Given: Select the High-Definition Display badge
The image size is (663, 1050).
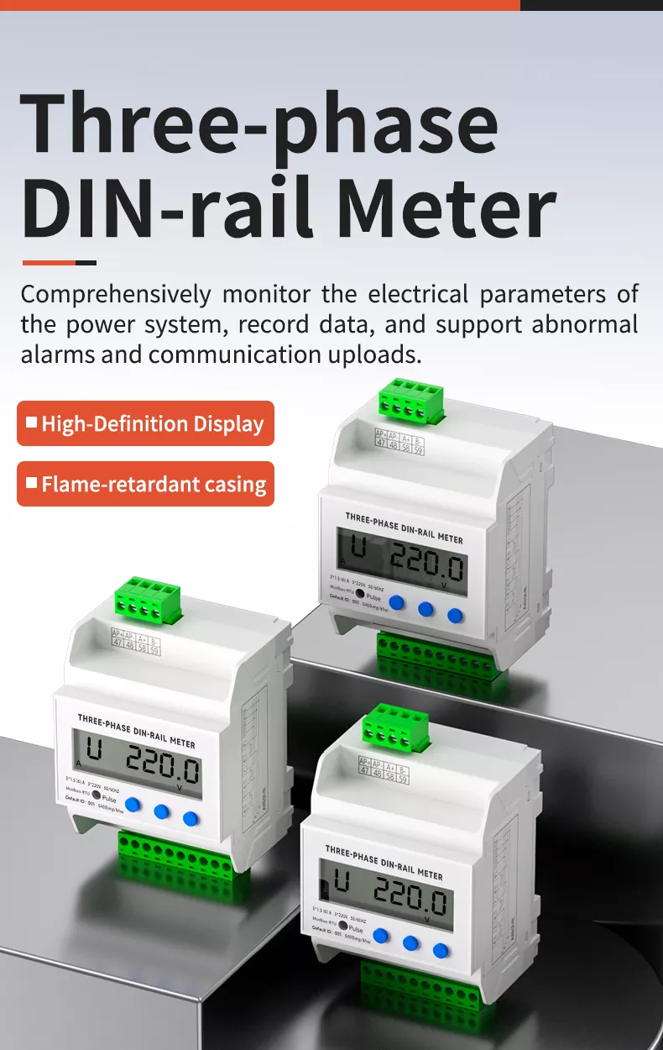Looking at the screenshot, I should (145, 423).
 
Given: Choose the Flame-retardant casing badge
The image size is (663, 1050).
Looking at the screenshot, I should (145, 484).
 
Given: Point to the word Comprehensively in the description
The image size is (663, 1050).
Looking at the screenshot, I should (116, 295).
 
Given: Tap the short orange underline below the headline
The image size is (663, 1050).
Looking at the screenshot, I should (59, 263).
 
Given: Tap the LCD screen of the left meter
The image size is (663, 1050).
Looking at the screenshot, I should (137, 763).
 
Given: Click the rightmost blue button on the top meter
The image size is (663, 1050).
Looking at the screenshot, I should (455, 616).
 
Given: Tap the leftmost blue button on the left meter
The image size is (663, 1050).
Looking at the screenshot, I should (132, 804).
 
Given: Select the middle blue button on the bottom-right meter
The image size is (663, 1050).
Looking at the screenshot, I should (410, 942).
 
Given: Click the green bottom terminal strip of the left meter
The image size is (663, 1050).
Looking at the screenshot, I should (176, 855).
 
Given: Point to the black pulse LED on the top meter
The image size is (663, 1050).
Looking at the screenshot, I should (359, 593).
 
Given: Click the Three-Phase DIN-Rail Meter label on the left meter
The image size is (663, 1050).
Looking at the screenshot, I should (136, 730).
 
